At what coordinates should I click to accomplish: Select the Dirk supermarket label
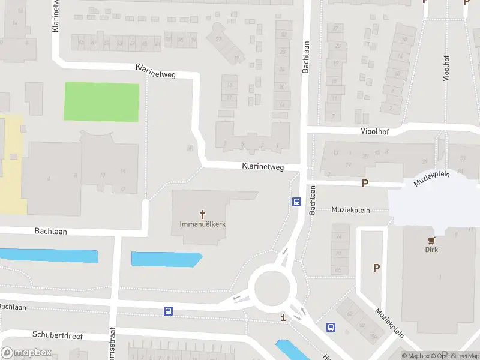pyautogui.click(x=431, y=250)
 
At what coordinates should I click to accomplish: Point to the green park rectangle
pyautogui.click(x=101, y=102)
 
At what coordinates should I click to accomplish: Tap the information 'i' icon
pyautogui.click(x=283, y=316)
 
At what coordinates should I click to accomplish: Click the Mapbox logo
pyautogui.click(x=26, y=353)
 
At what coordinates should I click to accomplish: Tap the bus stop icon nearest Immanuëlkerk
pyautogui.click(x=296, y=202)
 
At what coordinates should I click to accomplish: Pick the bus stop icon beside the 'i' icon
pyautogui.click(x=331, y=327)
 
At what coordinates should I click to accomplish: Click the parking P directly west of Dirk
pyautogui.click(x=377, y=268)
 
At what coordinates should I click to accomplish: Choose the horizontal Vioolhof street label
pyautogui.click(x=376, y=131)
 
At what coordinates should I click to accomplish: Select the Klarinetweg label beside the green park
pyautogui.click(x=155, y=72)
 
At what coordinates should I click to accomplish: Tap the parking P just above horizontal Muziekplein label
pyautogui.click(x=364, y=184)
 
